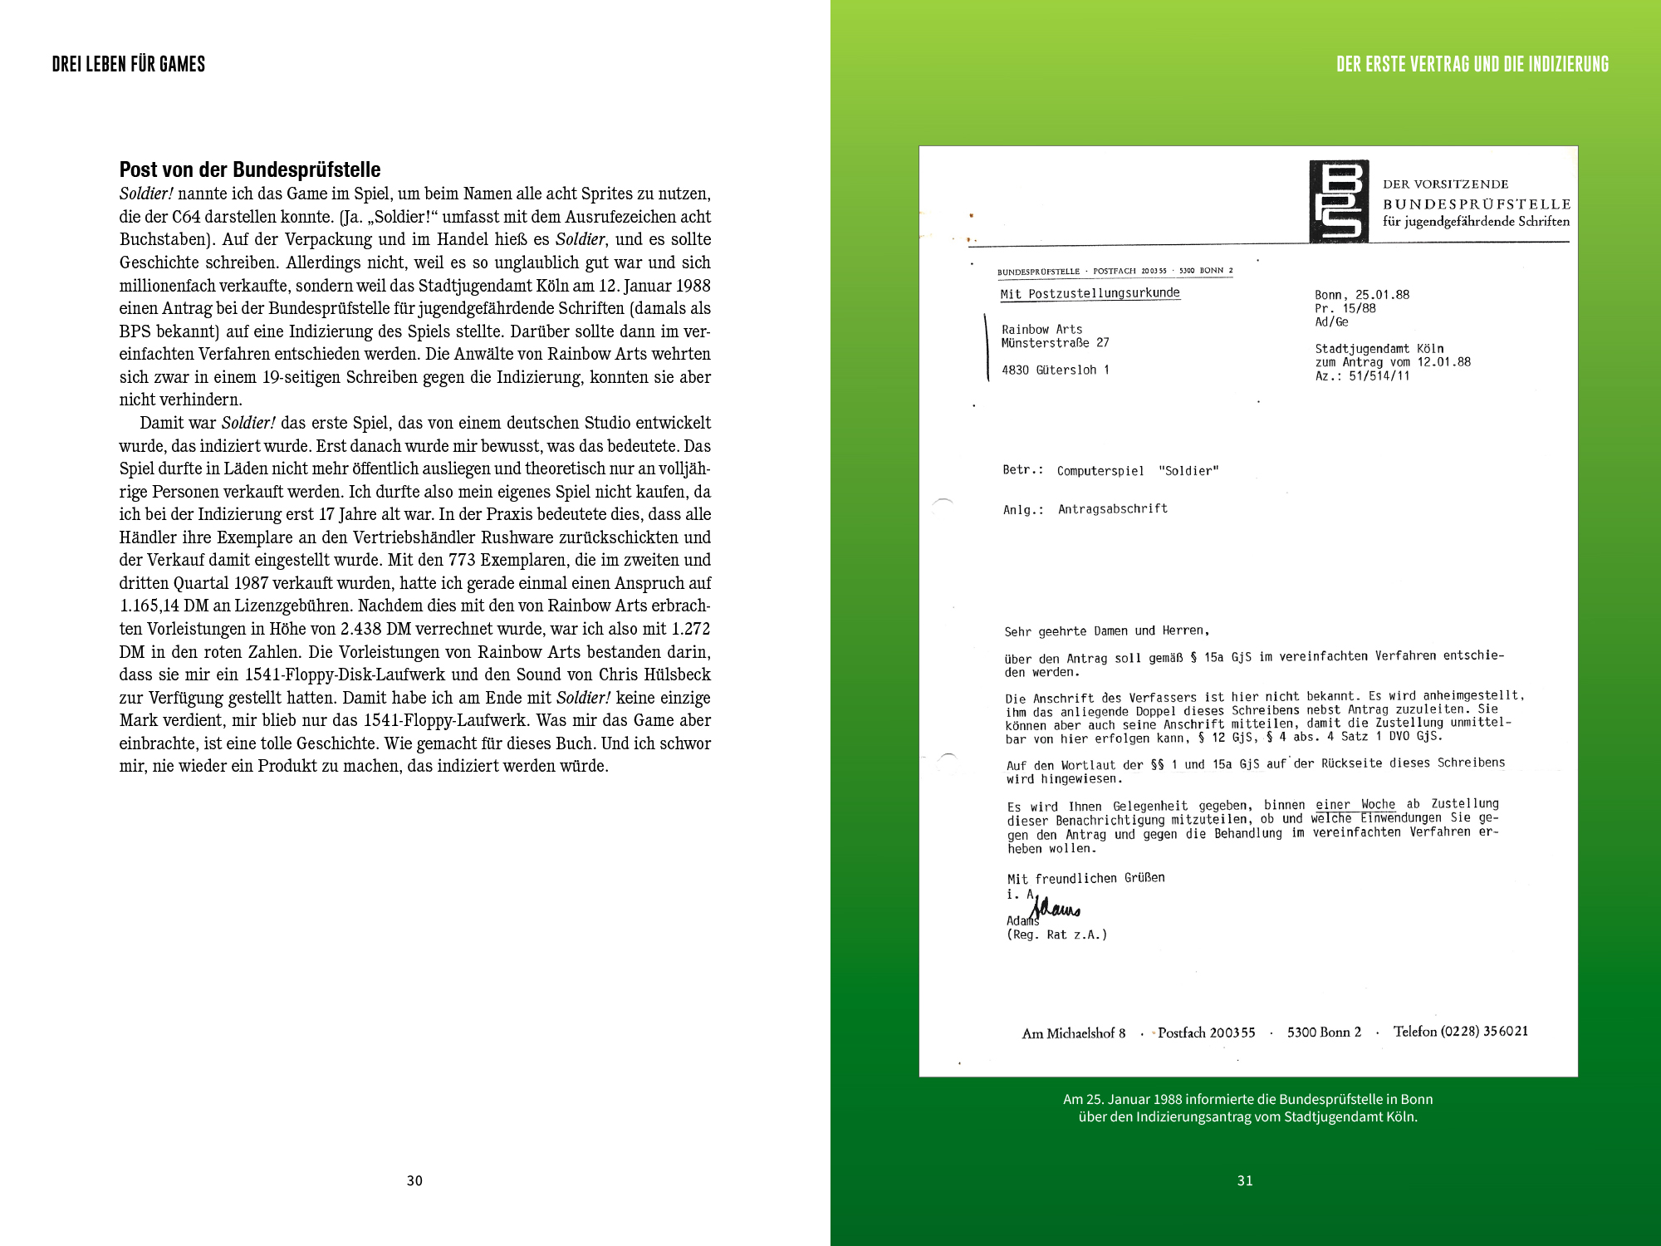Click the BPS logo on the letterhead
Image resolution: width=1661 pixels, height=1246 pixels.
point(1339,202)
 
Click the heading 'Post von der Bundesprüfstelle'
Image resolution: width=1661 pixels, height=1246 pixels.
point(250,170)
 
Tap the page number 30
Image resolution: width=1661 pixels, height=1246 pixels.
point(414,1180)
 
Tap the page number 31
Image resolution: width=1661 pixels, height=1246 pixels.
point(1245,1180)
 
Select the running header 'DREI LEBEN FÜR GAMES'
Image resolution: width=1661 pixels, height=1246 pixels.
point(129,64)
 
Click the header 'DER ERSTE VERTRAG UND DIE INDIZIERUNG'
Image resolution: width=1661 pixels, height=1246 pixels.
point(1472,64)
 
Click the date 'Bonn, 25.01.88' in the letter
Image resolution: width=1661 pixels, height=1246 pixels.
point(1362,295)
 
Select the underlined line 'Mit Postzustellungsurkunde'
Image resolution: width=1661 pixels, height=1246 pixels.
point(1090,293)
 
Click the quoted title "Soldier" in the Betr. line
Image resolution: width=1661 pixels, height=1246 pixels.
point(1188,471)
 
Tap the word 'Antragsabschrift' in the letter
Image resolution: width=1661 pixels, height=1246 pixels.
point(1113,508)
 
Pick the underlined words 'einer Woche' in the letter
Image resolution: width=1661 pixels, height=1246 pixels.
point(1355,804)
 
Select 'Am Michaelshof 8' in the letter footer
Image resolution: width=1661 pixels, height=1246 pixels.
point(1074,1033)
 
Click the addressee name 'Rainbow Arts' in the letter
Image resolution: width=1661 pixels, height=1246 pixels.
point(1041,330)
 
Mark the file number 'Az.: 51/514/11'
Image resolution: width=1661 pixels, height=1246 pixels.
point(1362,376)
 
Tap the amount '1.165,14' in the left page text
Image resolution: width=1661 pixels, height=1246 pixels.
point(149,606)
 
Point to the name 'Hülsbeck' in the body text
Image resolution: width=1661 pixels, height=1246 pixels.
point(674,675)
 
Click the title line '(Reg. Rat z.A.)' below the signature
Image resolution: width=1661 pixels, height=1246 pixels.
point(1056,934)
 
